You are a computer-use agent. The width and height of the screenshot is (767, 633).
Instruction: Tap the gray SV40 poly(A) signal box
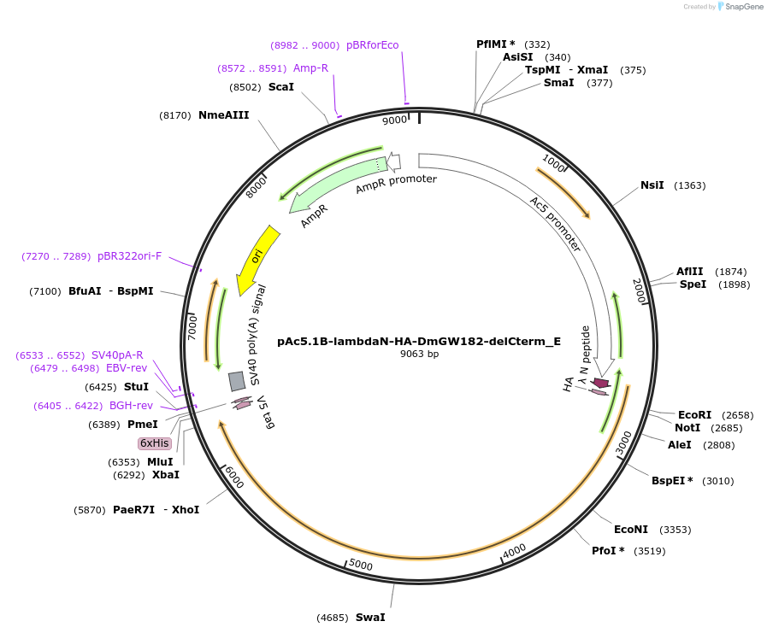coord(237,381)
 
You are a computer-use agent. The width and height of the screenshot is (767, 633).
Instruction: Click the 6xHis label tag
coord(155,443)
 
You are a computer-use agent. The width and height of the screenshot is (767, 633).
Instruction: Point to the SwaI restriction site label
coord(370,617)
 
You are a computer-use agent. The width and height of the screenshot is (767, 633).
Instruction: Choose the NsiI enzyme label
coord(652,185)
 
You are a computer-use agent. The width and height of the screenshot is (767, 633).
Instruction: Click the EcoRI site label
coord(694,415)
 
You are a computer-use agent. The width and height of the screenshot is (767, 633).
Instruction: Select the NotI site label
coord(687,428)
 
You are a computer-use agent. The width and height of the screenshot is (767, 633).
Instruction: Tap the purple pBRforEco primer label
coord(372,45)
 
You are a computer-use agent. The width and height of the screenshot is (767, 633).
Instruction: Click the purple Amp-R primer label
coord(310,68)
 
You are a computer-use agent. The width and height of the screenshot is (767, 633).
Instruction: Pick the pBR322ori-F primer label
coord(129,256)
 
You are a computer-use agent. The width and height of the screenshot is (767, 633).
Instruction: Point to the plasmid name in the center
coord(419,341)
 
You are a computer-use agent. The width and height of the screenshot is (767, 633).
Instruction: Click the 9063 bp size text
coord(419,354)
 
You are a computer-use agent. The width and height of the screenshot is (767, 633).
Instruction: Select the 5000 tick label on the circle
coord(361,565)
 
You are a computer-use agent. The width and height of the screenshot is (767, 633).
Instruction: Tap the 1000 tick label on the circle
coord(554,163)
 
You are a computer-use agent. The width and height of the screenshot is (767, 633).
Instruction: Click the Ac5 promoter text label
coord(555,224)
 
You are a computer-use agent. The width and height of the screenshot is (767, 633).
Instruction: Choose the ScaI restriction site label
coord(280,87)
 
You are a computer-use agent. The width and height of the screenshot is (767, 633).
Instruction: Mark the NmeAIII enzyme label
coord(223,115)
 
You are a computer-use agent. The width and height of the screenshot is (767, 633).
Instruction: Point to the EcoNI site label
coord(631,530)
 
